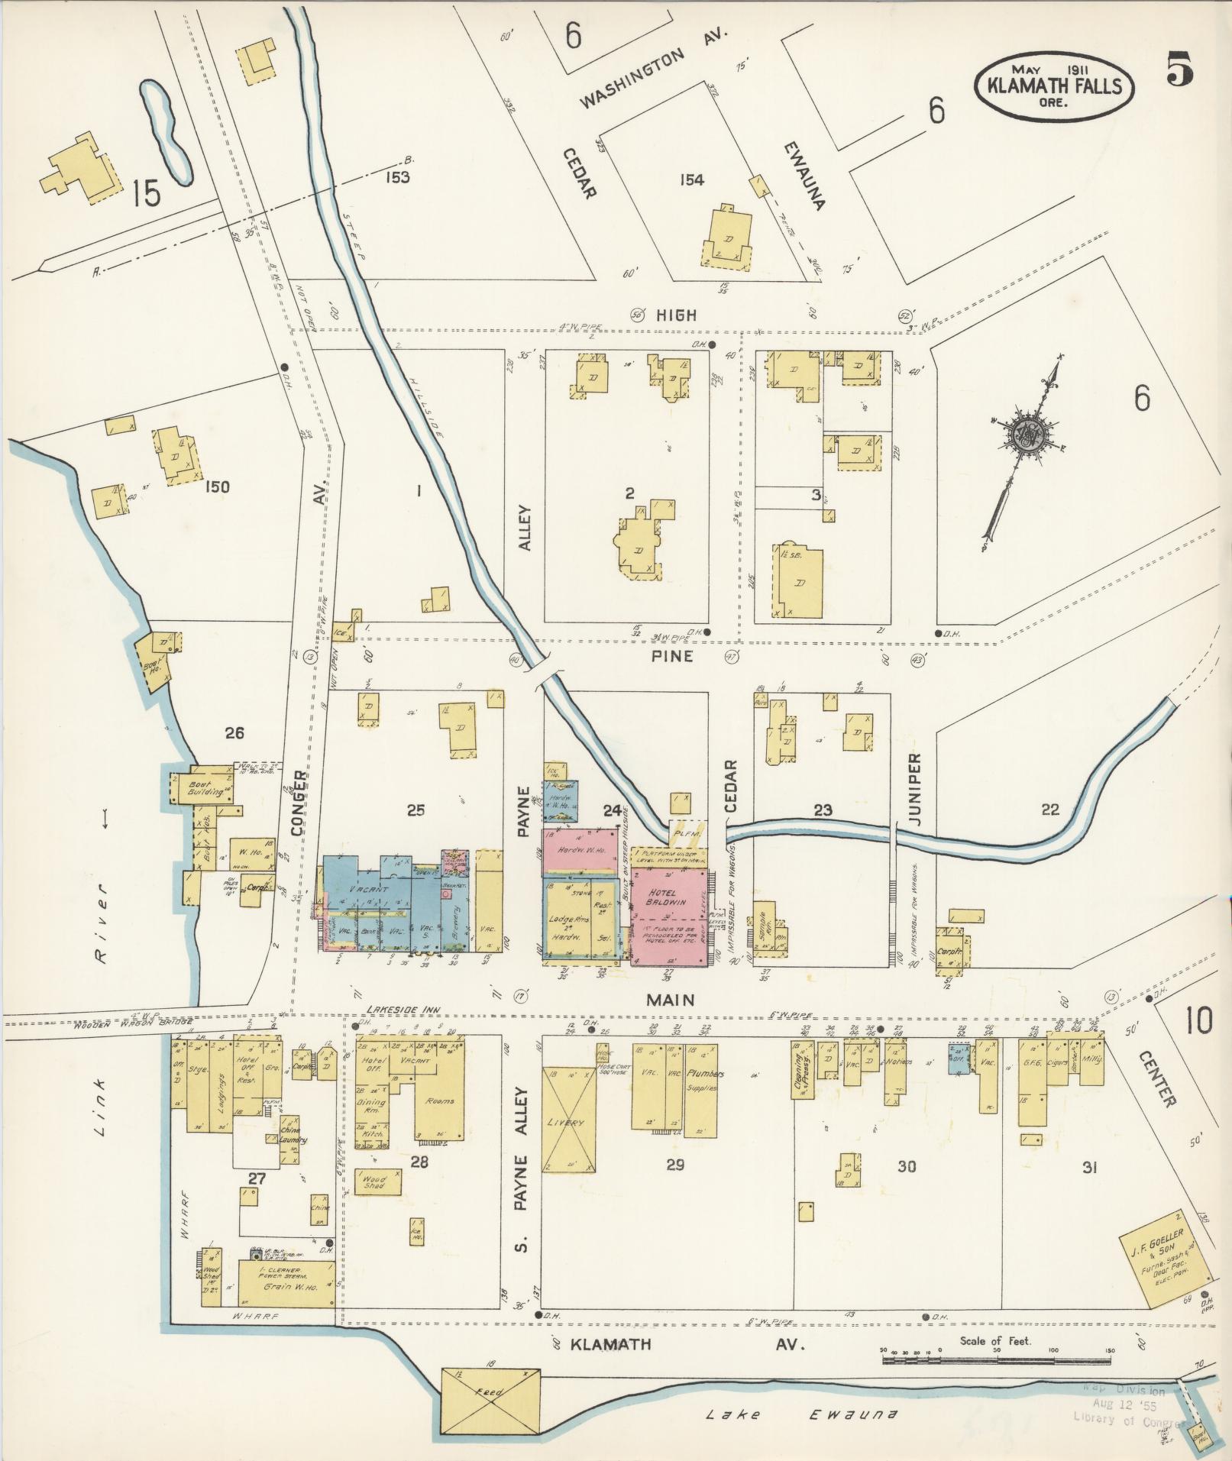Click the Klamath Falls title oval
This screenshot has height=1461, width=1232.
tap(1053, 86)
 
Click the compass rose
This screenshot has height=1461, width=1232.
tap(1024, 435)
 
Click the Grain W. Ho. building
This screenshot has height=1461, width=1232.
tap(286, 1285)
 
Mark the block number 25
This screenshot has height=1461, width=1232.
tap(415, 810)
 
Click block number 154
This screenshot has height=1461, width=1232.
tap(690, 180)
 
